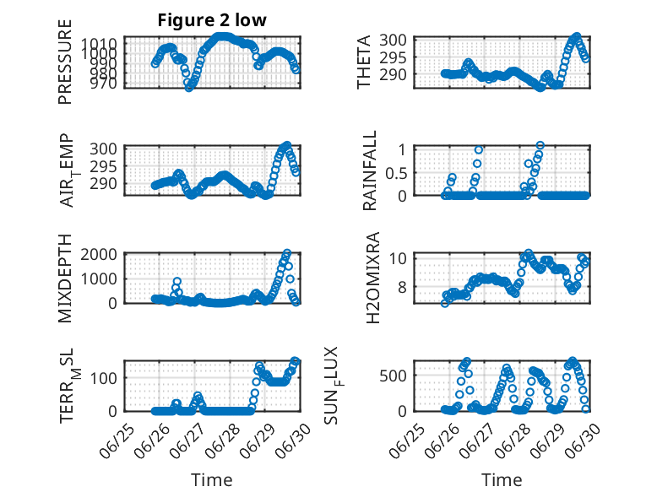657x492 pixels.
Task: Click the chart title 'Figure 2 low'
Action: (x=212, y=20)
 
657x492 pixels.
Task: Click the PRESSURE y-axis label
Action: (x=65, y=62)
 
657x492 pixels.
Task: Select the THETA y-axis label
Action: (x=364, y=62)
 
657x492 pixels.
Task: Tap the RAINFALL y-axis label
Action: (x=370, y=170)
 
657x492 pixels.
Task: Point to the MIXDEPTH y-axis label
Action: (x=65, y=278)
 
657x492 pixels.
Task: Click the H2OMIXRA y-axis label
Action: (x=372, y=278)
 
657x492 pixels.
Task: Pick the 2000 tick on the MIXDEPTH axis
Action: (x=99, y=254)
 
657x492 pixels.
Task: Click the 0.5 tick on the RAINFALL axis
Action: (x=396, y=172)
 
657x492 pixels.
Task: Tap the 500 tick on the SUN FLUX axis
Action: (x=393, y=376)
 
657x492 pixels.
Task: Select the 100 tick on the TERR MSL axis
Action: (x=104, y=378)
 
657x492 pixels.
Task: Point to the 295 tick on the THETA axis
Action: (x=393, y=57)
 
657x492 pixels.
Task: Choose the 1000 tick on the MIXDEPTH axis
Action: (x=99, y=278)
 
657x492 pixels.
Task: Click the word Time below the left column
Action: (x=212, y=480)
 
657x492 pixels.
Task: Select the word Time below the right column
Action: (x=502, y=480)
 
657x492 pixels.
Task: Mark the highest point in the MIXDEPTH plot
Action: (x=287, y=254)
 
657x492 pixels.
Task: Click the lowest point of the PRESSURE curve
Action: (x=189, y=88)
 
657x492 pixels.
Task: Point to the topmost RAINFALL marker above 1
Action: (x=540, y=145)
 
